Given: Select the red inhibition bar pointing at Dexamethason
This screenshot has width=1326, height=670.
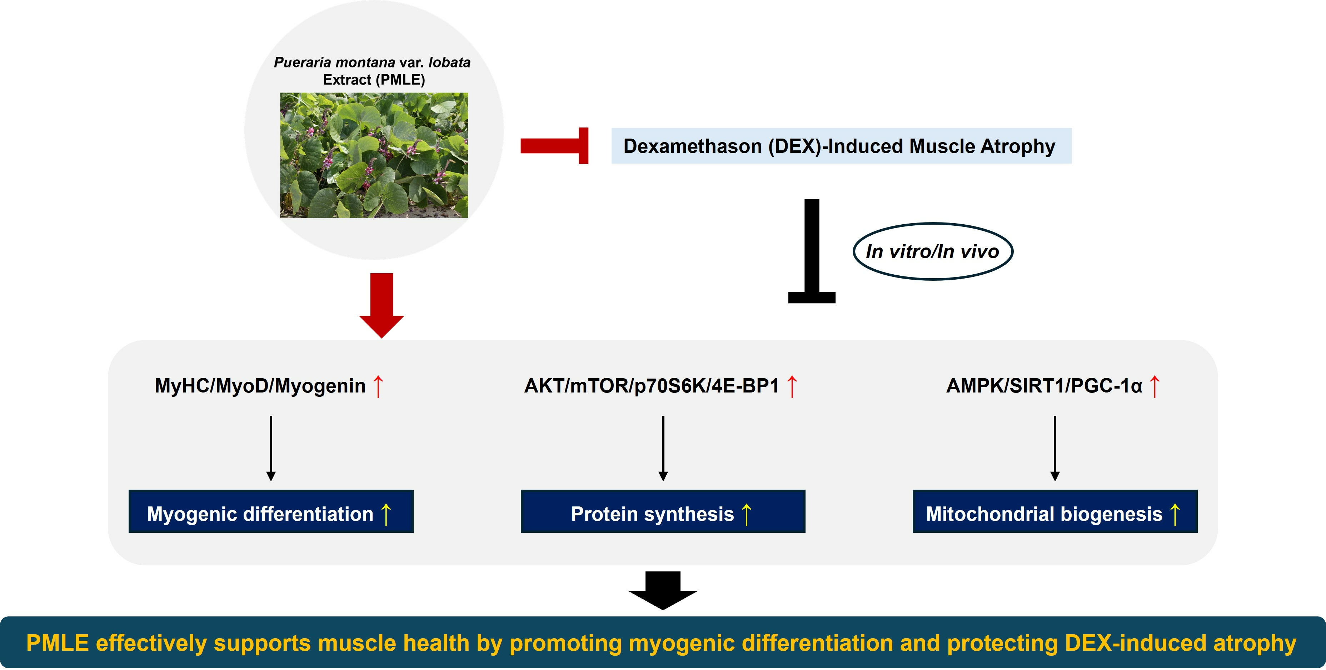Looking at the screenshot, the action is click(554, 146).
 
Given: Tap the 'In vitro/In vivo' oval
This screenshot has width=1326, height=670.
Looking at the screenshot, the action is click(933, 252).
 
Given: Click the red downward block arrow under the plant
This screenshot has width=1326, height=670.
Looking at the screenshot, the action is click(382, 305).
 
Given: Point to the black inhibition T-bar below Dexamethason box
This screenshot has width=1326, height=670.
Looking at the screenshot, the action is click(812, 251).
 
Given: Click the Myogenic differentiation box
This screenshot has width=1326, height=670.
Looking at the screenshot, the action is click(271, 511).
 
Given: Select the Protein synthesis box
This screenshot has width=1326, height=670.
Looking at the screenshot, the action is click(663, 511).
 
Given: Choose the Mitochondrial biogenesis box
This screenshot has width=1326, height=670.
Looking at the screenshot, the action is click(1055, 511).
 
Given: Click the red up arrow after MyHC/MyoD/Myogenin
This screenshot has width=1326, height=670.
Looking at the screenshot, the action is click(378, 386).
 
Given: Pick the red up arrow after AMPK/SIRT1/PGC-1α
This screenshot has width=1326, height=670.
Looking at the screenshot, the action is click(1155, 386).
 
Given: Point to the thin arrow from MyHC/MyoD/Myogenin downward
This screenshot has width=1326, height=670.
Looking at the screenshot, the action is click(271, 448).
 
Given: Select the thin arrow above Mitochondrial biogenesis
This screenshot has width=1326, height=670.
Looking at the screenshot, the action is click(1055, 448).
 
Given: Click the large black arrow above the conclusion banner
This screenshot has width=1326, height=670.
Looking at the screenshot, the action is click(663, 590).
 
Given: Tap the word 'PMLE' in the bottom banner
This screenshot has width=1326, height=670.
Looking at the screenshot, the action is click(58, 643).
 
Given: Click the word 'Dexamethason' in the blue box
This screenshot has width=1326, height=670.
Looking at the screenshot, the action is click(692, 146).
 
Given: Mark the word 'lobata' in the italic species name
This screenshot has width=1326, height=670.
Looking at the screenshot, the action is click(449, 62).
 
